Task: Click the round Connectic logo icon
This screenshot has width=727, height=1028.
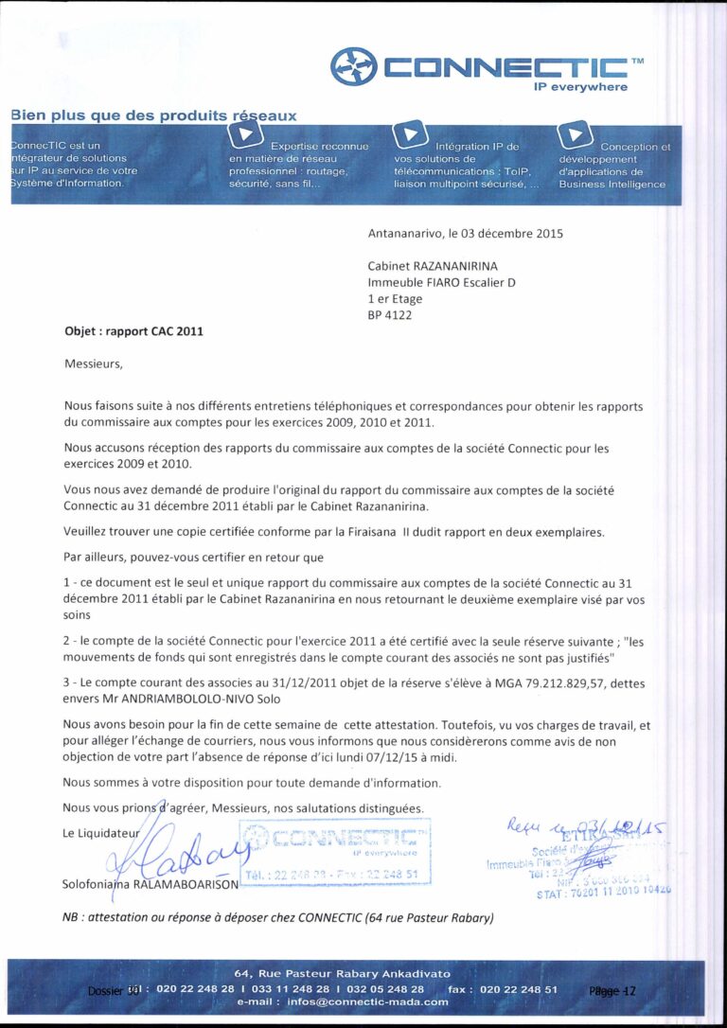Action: click(352, 66)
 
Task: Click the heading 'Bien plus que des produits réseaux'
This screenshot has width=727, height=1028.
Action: click(153, 115)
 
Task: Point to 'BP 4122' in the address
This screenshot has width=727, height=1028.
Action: click(390, 315)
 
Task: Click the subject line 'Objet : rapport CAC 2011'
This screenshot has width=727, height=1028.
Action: click(133, 332)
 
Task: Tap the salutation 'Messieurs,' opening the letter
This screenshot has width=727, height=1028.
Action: click(94, 363)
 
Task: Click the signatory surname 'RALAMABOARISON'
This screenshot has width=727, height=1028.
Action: click(187, 884)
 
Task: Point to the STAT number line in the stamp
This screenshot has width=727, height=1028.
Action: click(606, 892)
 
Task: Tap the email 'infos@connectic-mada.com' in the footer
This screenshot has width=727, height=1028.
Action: click(343, 1001)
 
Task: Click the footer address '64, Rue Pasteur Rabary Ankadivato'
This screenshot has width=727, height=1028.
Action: click(343, 973)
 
